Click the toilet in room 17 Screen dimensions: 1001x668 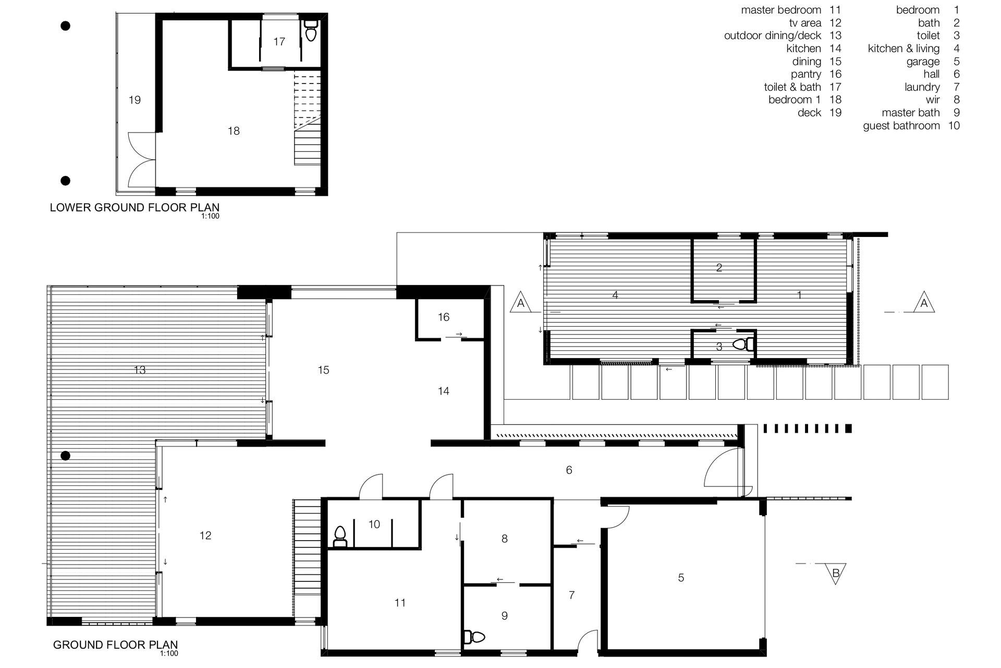tap(310, 31)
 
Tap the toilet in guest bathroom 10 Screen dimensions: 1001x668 tap(340, 536)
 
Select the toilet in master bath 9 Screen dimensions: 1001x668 tap(474, 637)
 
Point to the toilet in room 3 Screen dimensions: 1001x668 tap(743, 344)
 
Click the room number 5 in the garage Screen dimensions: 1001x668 tap(681, 578)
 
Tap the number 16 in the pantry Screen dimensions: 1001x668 tap(444, 317)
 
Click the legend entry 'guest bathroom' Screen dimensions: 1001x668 tap(901, 126)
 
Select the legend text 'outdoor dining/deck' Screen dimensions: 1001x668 tap(773, 35)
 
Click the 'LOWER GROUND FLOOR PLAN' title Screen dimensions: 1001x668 tap(135, 208)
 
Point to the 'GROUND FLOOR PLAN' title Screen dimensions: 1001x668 tap(115, 645)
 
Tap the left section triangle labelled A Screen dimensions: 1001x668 tap(520, 303)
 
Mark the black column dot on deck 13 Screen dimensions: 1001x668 tap(65, 456)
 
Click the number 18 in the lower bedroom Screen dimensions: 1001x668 tap(234, 131)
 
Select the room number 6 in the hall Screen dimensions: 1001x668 tap(569, 470)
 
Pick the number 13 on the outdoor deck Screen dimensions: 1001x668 tap(140, 370)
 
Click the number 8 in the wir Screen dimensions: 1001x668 tap(504, 539)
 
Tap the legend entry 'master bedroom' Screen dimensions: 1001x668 tap(781, 10)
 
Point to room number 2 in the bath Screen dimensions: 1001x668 tap(719, 268)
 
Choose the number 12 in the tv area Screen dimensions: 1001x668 tap(205, 535)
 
